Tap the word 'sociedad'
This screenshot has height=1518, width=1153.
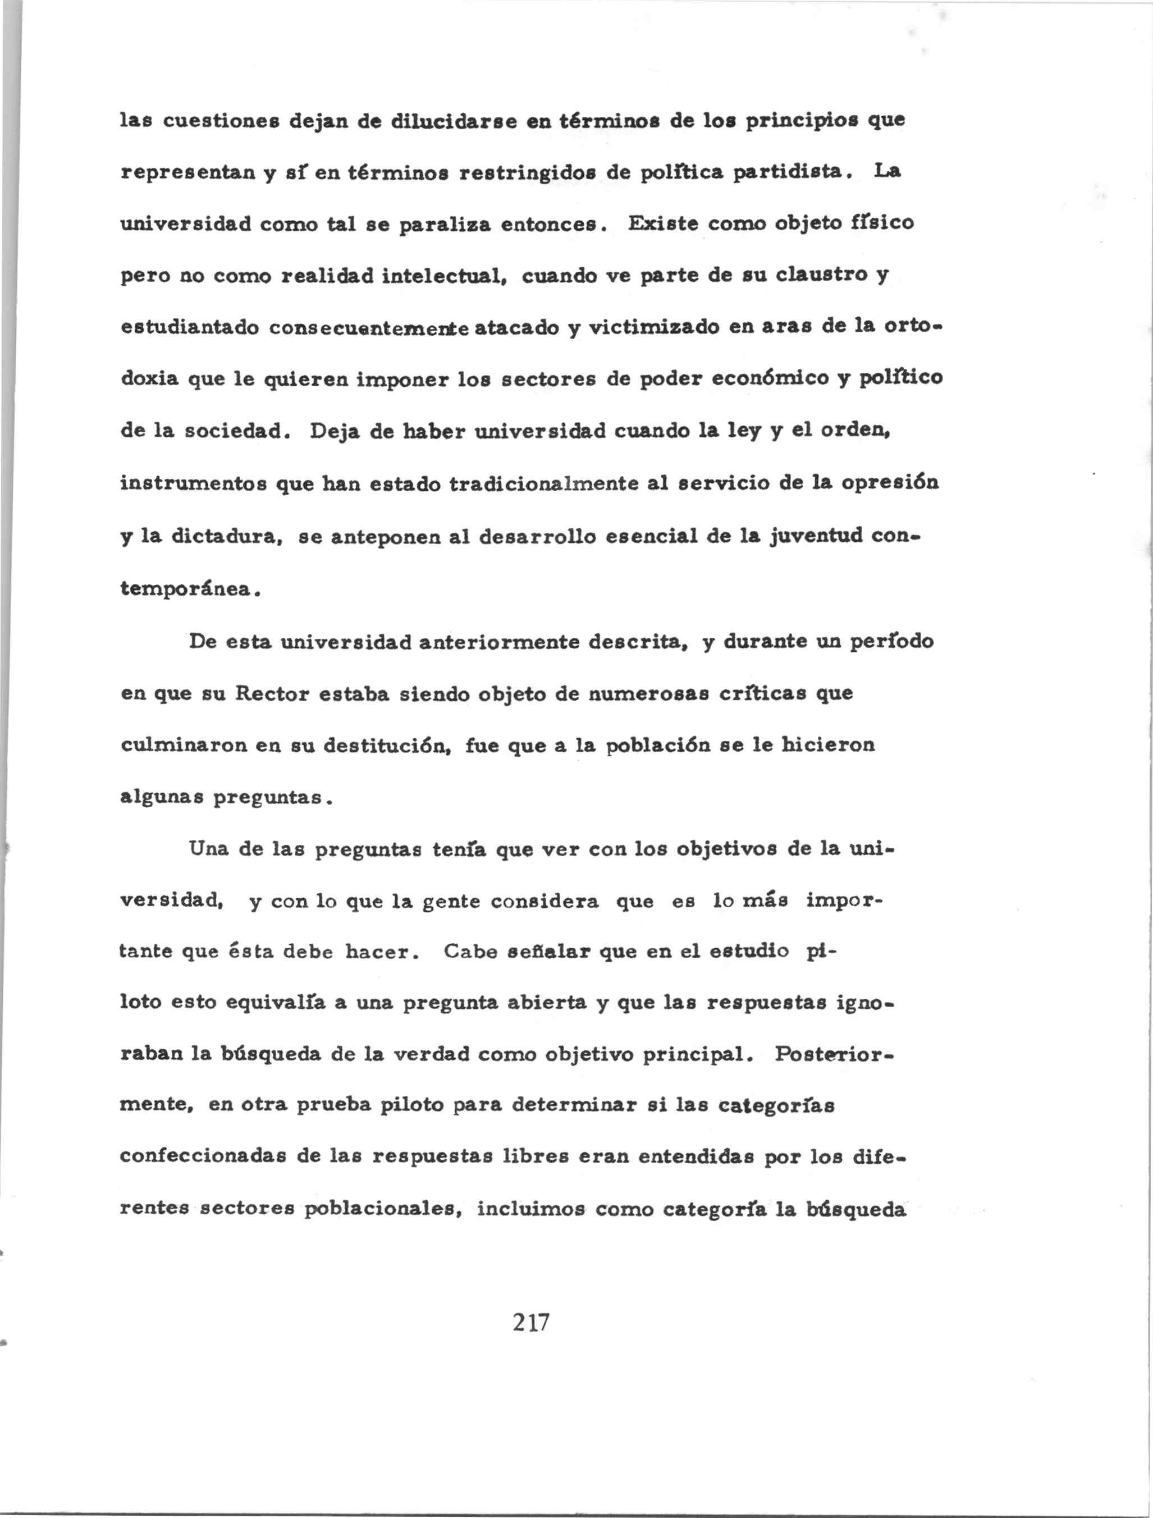234,431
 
